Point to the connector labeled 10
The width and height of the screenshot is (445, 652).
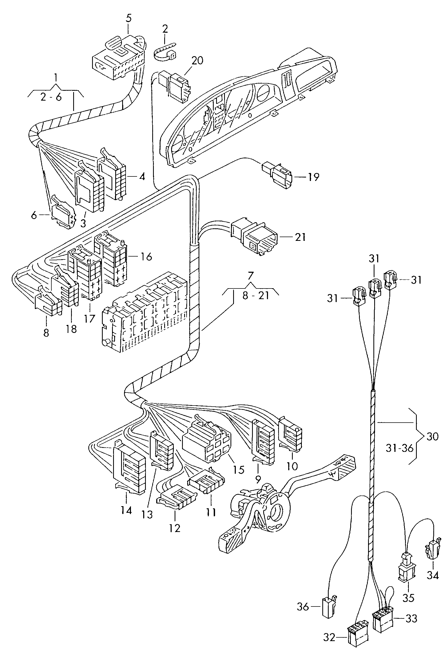point(290,438)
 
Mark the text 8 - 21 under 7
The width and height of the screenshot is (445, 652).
point(256,296)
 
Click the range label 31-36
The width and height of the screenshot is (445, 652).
point(399,448)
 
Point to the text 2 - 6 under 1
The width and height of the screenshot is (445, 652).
point(51,97)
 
